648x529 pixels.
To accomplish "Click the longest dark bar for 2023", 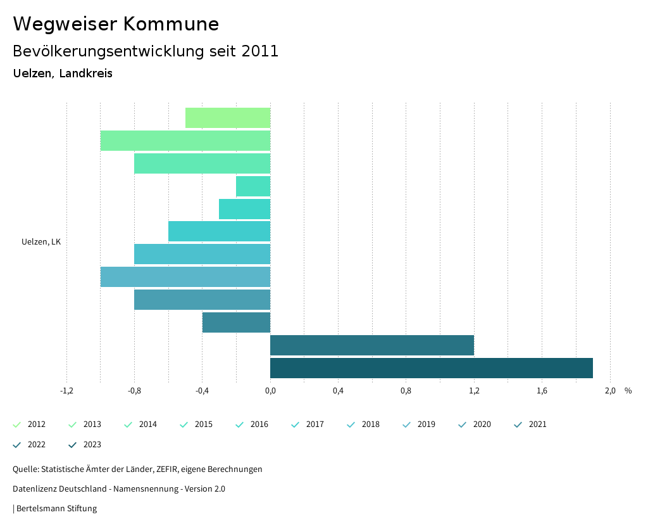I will [431, 368].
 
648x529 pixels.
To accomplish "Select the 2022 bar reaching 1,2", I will [372, 345].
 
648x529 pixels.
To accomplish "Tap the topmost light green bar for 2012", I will [228, 118].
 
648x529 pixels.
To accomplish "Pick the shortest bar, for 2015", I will [253, 186].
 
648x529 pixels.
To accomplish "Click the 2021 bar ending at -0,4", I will [236, 322].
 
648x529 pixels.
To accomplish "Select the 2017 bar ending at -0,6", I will [219, 231].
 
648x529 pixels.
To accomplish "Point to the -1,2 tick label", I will [66, 391].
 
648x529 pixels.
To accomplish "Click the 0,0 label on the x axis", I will [270, 391].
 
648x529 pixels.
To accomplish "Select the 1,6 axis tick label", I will [542, 391].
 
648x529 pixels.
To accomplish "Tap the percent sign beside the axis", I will [628, 391].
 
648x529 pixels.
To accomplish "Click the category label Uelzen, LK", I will [41, 242].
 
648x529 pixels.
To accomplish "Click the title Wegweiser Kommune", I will [116, 24].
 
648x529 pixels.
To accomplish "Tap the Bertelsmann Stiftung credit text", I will [56, 509].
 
